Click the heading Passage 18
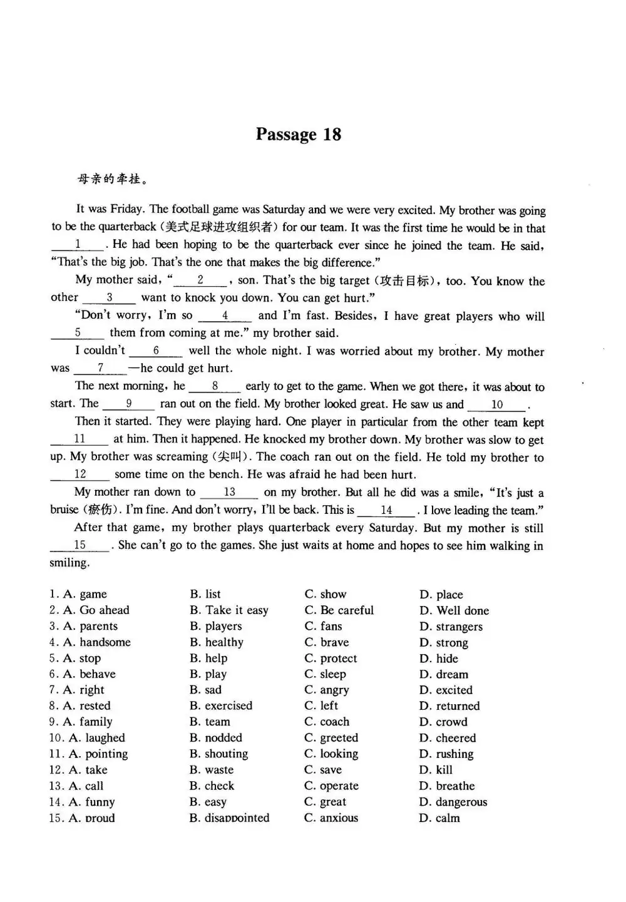pos(299,135)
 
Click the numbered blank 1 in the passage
pos(78,245)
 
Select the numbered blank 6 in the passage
pos(156,351)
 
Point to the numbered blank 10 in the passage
pos(497,404)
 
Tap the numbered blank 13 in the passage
pos(229,493)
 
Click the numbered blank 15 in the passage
pos(80,545)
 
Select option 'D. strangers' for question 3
pos(451,627)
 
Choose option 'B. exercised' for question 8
pos(221,706)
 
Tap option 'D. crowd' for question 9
pos(443,722)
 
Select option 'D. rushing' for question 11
pos(446,754)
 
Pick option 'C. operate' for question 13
pos(331,786)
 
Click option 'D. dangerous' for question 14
pos(453,802)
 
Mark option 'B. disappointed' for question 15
pos(229,818)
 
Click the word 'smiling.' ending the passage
pos(69,563)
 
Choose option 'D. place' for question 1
pos(441,595)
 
